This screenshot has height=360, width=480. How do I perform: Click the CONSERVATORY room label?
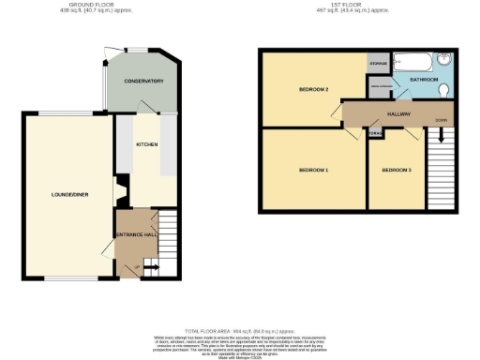[x=144, y=82]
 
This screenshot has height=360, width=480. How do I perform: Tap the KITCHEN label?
[x=146, y=145]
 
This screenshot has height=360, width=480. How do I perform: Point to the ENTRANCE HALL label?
[x=133, y=233]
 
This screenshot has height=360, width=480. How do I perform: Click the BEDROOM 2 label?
[x=312, y=90]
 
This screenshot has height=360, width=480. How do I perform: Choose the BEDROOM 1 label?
[x=312, y=170]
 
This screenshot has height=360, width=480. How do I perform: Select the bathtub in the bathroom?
[x=412, y=62]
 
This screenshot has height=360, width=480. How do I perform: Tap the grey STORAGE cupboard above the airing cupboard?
[x=379, y=64]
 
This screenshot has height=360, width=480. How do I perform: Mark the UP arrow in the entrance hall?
[x=148, y=268]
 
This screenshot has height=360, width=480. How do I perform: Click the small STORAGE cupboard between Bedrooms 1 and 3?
[x=375, y=134]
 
